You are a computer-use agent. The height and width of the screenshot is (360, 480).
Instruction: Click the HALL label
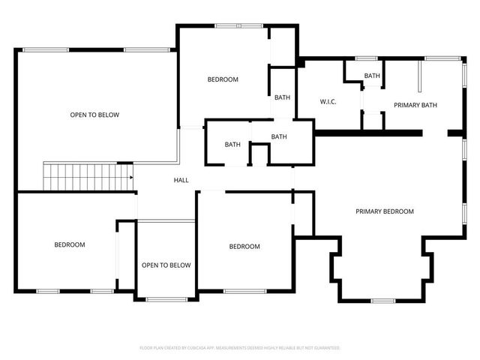coord(181,180)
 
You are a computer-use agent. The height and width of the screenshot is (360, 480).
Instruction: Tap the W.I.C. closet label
coord(328,101)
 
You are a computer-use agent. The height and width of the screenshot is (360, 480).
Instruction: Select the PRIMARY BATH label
coord(415,105)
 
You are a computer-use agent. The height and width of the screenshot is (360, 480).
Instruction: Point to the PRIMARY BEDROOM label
coord(384,211)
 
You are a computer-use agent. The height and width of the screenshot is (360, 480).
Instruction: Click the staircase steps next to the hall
coord(82,177)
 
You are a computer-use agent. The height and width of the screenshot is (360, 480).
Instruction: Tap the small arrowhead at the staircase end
coord(131,178)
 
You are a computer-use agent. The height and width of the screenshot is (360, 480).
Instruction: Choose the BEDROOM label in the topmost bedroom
coord(223,79)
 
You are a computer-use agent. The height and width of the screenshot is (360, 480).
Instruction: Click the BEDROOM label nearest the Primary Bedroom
coord(244,247)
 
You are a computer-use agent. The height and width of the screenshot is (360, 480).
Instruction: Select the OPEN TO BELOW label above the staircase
coord(94,115)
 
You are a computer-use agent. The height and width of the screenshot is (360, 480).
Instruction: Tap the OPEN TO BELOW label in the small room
coord(166,265)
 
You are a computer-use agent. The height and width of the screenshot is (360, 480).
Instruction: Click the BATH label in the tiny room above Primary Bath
coord(372,76)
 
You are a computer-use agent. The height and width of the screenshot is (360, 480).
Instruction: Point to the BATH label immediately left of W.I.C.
coord(282,97)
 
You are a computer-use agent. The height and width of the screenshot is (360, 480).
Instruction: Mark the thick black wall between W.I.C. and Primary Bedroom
coord(367,133)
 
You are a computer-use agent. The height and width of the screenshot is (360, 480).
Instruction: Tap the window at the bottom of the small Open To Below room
coord(166,299)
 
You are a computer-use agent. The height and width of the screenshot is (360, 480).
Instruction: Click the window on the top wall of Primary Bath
coord(441,58)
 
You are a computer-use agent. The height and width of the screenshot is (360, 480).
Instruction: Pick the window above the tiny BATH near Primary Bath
coord(366,58)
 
